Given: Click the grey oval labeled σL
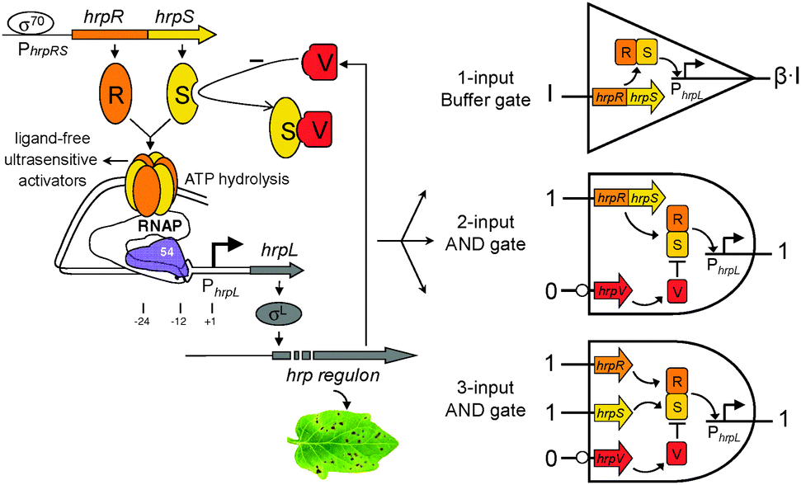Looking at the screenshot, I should point(283,318).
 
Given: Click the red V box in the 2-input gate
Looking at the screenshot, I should point(676,285).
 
